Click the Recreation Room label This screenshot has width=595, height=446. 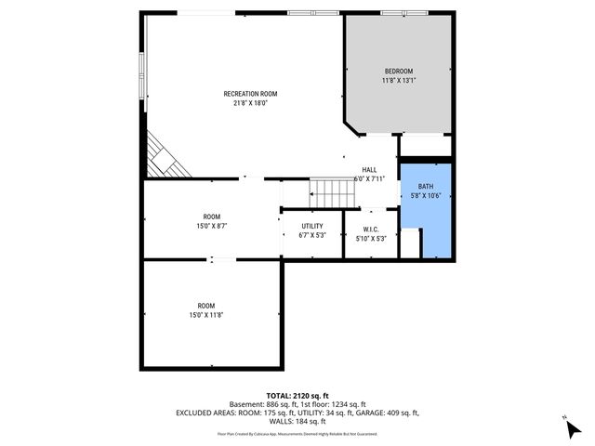pos(250,93)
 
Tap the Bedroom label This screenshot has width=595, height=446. pos(399,72)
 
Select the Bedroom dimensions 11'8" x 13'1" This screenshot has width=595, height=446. pos(399,82)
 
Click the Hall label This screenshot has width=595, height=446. pos(369,169)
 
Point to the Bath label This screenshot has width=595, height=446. pos(425,186)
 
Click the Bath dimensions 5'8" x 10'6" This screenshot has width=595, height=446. pos(425,196)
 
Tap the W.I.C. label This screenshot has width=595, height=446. pos(371,228)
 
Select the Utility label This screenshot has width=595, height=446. pos(312,226)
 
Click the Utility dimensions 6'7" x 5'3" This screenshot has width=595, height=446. pos(312,236)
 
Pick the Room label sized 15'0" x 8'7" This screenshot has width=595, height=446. pos(212,216)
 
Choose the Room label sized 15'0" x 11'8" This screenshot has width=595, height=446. pos(205,305)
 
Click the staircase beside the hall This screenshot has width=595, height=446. pos(332,193)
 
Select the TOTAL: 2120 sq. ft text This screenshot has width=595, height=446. pos(297,396)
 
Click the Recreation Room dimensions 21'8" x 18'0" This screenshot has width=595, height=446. pos(250,103)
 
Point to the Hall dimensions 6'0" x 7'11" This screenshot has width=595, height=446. pos(369,178)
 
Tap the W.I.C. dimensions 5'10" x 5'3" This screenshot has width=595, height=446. pos(371,238)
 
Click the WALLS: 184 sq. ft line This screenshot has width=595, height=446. pos(297,423)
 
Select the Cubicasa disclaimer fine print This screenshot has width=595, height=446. pos(297,433)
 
